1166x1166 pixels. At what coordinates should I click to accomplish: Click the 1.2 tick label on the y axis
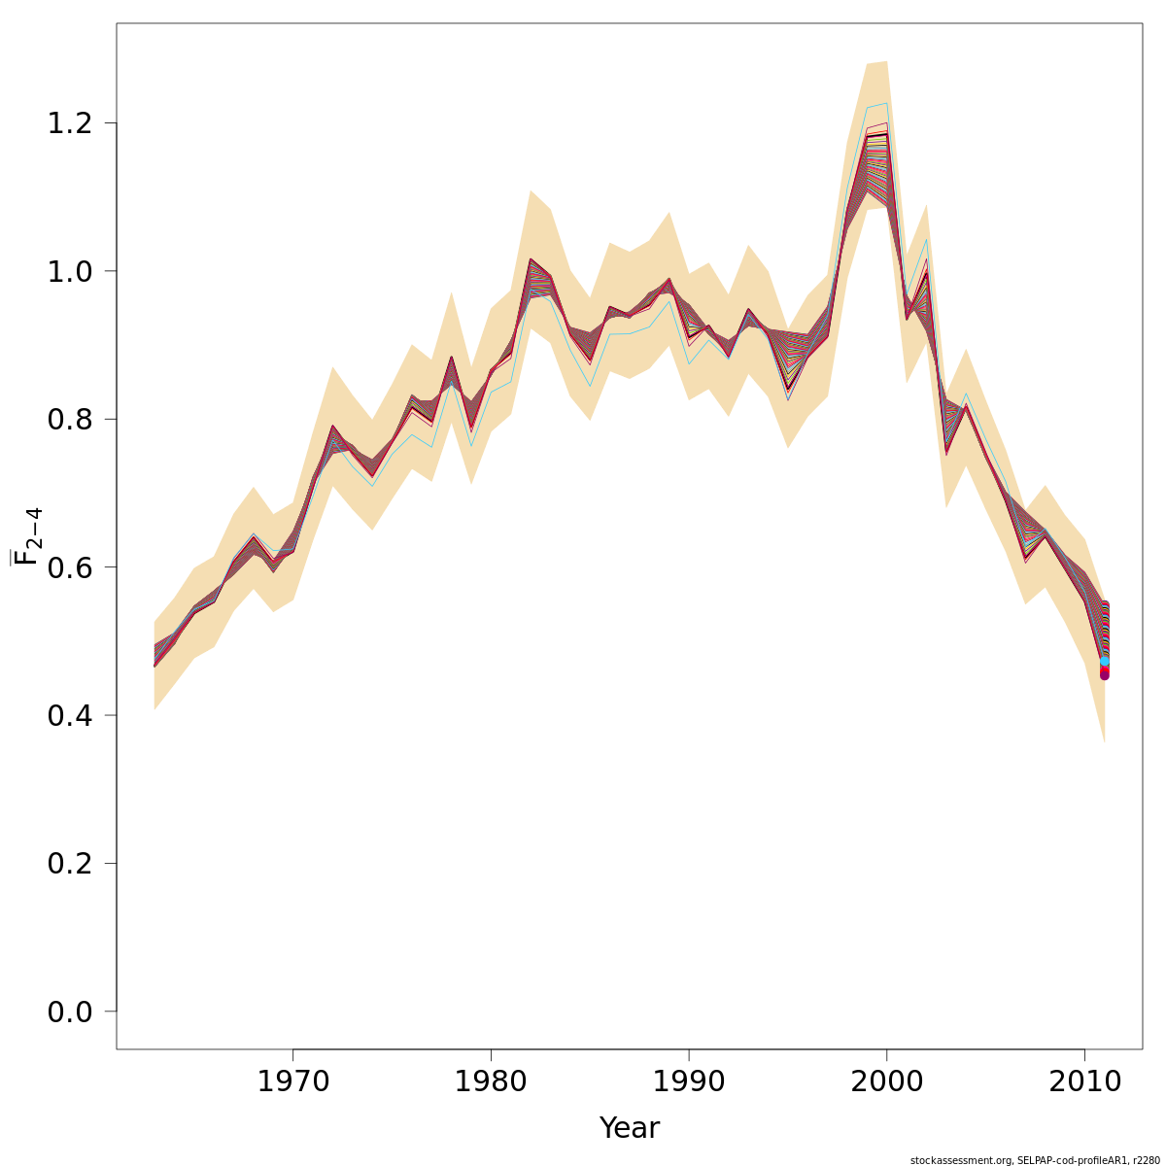coord(69,123)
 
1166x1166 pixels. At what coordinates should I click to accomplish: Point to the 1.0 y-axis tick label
coord(69,271)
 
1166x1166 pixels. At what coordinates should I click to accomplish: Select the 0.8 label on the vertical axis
coord(69,420)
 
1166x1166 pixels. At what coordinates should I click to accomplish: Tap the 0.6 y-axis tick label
coord(69,567)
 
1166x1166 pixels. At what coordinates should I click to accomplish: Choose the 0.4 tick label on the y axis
coord(69,715)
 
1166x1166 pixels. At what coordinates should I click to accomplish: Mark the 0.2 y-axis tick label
coord(69,864)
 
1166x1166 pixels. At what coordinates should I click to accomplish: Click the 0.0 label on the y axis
coord(69,1012)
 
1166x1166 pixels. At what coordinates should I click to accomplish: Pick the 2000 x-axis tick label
coord(886,1081)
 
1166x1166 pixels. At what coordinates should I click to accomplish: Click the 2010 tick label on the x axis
coord(1084,1081)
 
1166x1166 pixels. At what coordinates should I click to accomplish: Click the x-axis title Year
coord(629,1128)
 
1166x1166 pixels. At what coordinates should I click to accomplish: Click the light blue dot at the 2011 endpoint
coord(1104,662)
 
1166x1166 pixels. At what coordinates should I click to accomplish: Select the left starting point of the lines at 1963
coord(155,656)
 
